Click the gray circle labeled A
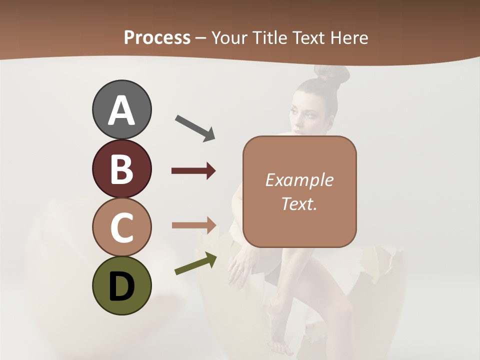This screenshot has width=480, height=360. tap(121, 109)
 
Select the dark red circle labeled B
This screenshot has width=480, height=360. tap(121, 168)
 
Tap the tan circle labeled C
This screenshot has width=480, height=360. tap(121, 227)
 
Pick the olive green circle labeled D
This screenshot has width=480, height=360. tap(121, 285)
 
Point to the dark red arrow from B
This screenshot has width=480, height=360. tap(193, 171)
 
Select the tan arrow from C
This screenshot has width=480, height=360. tap(193, 225)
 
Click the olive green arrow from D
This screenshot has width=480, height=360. tap(195, 264)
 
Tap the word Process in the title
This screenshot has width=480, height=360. tap(157, 37)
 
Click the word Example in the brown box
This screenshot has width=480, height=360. tap(299, 180)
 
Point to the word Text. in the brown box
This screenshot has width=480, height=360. tap(299, 203)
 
